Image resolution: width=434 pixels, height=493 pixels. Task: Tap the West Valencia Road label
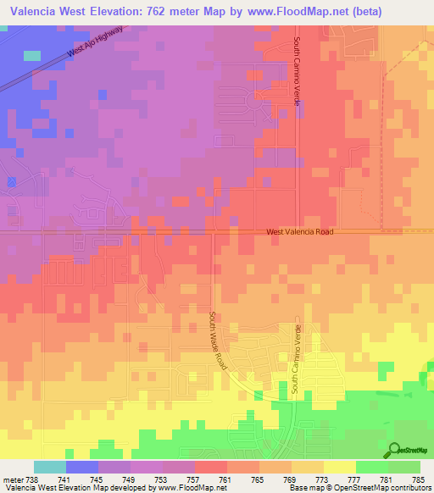click(x=300, y=231)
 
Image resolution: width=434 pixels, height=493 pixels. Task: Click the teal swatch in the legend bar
click(x=49, y=467)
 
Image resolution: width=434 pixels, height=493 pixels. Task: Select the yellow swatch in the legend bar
click(x=339, y=467)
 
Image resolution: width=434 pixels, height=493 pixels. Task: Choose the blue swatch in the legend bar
click(x=81, y=467)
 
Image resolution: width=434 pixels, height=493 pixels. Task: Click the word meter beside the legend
click(x=12, y=479)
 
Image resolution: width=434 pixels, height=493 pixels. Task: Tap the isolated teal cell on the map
click(x=32, y=55)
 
